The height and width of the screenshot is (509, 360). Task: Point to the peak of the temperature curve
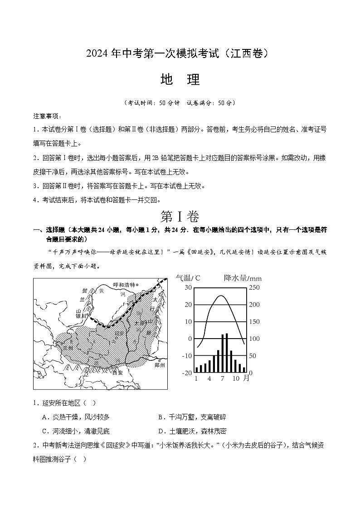(221, 296)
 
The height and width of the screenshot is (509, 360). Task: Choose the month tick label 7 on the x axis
(222, 378)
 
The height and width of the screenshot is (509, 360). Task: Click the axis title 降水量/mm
(243, 278)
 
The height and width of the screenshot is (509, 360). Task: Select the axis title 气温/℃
(188, 278)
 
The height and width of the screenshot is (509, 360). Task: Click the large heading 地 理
(180, 80)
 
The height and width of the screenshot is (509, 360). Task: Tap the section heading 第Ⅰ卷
(180, 216)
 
